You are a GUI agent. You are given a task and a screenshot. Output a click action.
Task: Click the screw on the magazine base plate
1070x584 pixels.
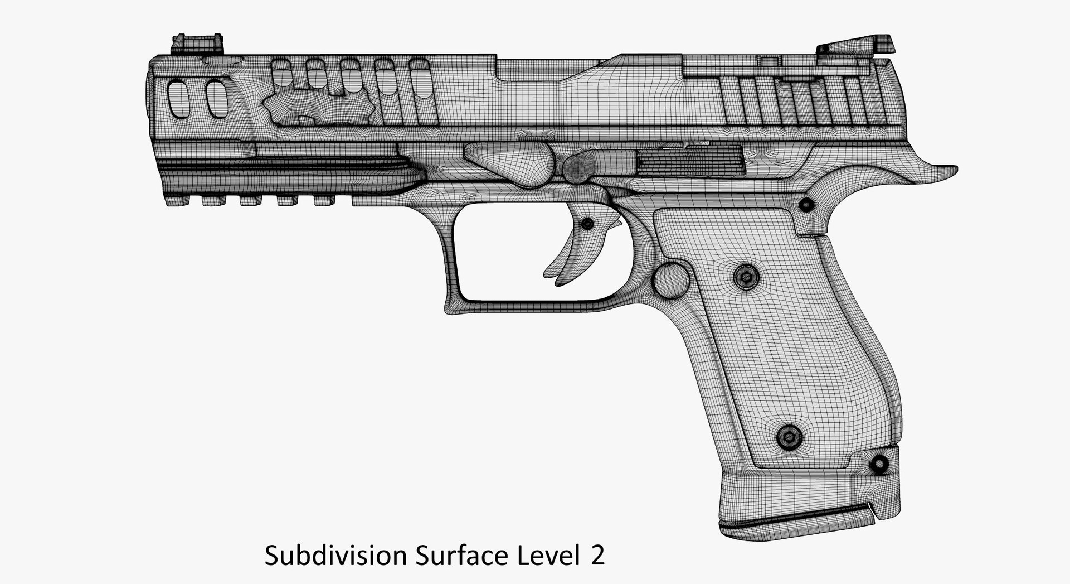879,464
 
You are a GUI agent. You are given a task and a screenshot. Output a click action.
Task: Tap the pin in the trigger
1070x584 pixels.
587,224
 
